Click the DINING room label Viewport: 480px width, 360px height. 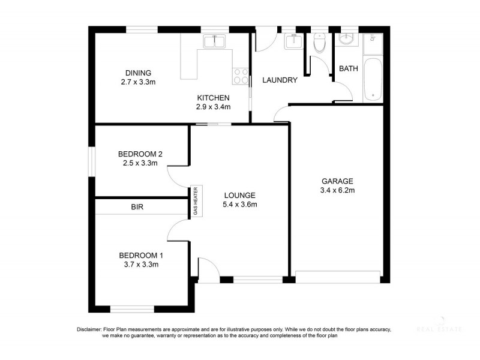(130, 73)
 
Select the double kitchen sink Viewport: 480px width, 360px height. (214, 41)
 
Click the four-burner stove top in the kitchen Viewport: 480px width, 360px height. (241, 76)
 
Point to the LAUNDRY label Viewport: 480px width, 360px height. (280, 80)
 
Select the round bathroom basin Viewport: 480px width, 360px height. (346, 40)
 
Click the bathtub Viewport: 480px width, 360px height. (374, 79)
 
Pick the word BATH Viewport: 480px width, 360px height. (348, 68)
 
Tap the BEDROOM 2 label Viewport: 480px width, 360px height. (140, 154)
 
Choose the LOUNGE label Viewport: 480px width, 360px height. (240, 195)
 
